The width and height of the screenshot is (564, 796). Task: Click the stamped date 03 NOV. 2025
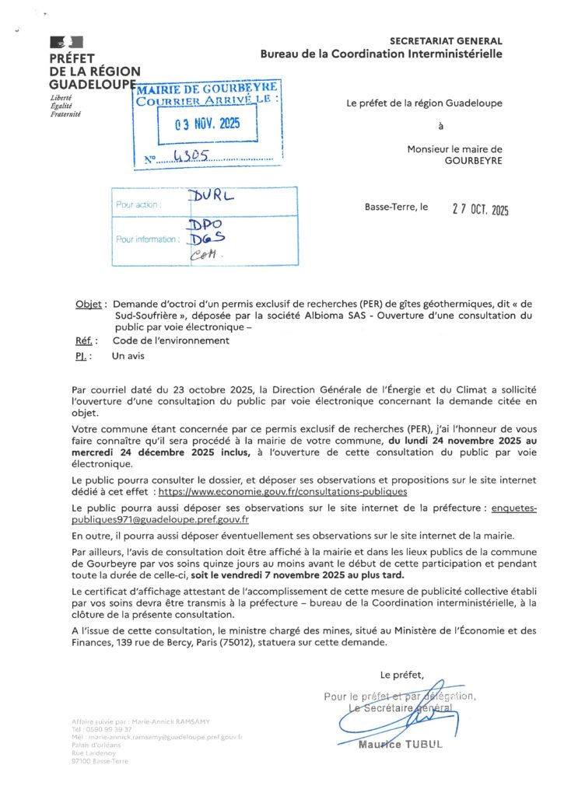coord(208,124)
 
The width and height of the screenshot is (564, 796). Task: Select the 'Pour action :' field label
coord(138,205)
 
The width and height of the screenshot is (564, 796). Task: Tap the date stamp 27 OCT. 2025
coord(480,208)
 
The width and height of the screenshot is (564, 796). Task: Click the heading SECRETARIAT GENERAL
coord(446,41)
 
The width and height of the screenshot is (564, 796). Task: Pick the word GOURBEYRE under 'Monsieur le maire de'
coord(473,161)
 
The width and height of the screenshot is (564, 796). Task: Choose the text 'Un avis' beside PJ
coord(129,355)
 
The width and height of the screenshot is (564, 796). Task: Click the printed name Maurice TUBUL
coord(400,745)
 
